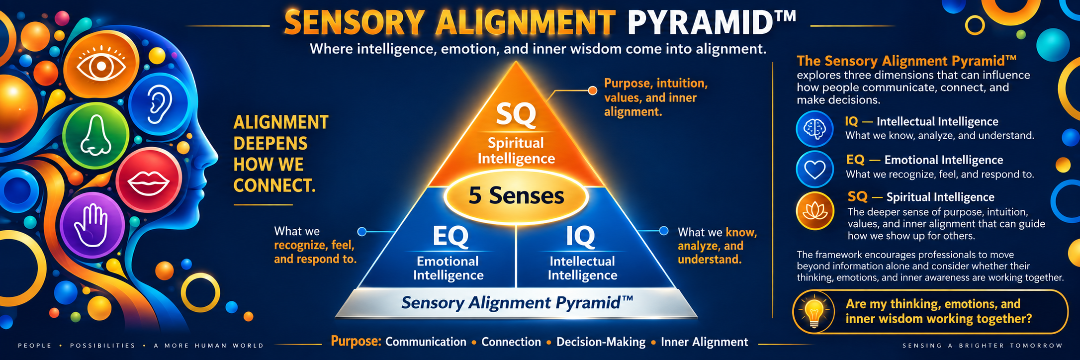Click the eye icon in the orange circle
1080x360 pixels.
[x=101, y=65]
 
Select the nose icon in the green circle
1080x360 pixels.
[x=95, y=135]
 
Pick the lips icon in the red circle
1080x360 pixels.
[x=149, y=182]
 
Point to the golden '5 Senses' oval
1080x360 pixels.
[x=516, y=196]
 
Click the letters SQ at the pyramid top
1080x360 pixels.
[x=516, y=114]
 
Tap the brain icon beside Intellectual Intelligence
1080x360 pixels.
[x=814, y=129]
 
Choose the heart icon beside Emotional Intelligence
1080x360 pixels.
[x=815, y=170]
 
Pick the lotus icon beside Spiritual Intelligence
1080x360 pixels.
[x=815, y=211]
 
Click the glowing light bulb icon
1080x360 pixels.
[x=814, y=312]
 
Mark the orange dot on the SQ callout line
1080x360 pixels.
[x=593, y=90]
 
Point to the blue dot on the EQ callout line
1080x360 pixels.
[x=362, y=231]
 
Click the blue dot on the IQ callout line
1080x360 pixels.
[x=664, y=231]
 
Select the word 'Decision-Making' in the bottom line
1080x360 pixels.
[x=601, y=342]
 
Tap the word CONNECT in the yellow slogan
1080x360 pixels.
[x=274, y=185]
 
